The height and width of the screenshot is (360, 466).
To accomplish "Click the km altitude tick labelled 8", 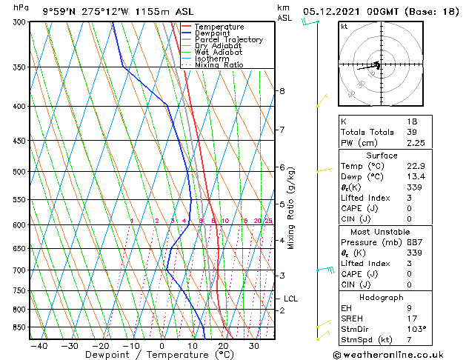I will pyautogui.click(x=282, y=91).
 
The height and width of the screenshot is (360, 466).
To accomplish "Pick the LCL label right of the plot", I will pyautogui.click(x=290, y=299).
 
